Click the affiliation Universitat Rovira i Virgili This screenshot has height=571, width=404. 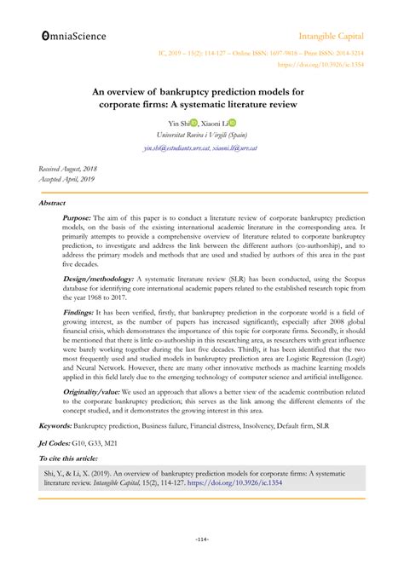(202, 136)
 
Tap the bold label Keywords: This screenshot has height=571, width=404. (56, 424)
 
